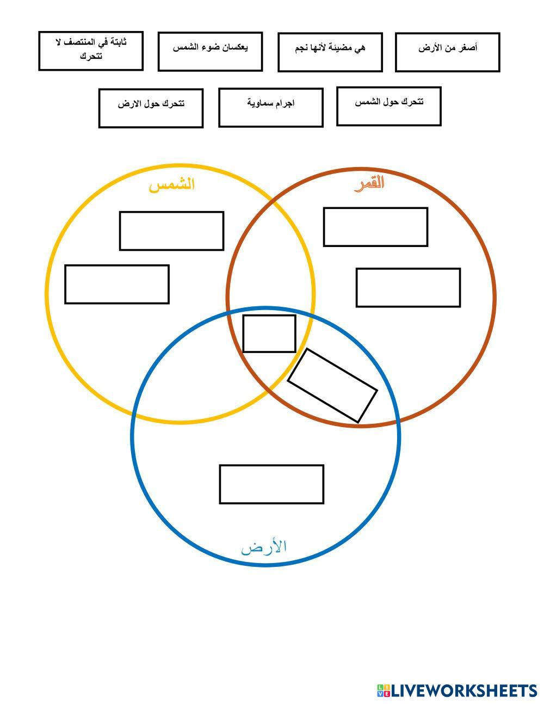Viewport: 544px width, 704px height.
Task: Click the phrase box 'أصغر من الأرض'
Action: [x=447, y=52]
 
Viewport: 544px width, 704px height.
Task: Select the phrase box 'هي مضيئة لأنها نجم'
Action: [x=330, y=52]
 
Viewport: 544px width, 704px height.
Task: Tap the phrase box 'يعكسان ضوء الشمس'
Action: [x=210, y=51]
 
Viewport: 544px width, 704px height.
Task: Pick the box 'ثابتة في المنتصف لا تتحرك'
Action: [x=91, y=51]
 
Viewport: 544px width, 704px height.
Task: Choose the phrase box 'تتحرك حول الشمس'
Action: [x=388, y=106]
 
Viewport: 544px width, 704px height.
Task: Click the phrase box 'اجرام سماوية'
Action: [x=270, y=107]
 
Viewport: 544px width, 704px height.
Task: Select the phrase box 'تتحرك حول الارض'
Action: [x=151, y=108]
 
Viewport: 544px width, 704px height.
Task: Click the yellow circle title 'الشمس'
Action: [x=172, y=184]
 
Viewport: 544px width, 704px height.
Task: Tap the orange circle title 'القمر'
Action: [x=369, y=183]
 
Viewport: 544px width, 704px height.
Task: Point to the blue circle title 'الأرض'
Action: [x=264, y=546]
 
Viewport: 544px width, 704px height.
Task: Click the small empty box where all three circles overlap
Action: [x=269, y=334]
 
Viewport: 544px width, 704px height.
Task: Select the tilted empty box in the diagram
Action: [x=332, y=385]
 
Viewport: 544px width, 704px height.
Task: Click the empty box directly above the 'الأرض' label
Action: [x=271, y=484]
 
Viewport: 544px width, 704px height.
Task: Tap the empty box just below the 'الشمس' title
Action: [x=171, y=231]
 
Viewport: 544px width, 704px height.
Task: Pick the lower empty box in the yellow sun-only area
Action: [x=116, y=284]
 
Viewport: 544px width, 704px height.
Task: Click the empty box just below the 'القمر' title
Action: [x=375, y=226]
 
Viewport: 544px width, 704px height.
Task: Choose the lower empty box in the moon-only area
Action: [x=408, y=287]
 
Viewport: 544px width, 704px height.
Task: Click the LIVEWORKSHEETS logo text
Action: [x=464, y=690]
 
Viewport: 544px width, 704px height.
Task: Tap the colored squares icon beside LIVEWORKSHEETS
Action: [x=384, y=690]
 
